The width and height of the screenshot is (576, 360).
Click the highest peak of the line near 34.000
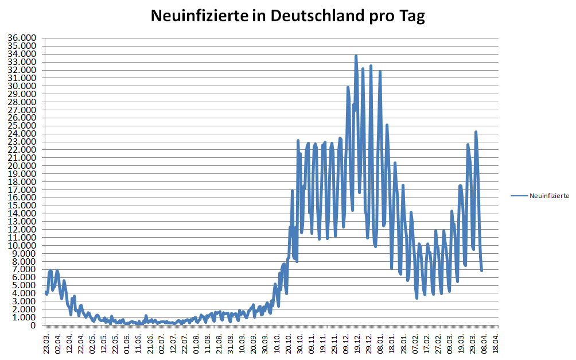pos(356,56)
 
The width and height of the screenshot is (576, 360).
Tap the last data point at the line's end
pos(482,270)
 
